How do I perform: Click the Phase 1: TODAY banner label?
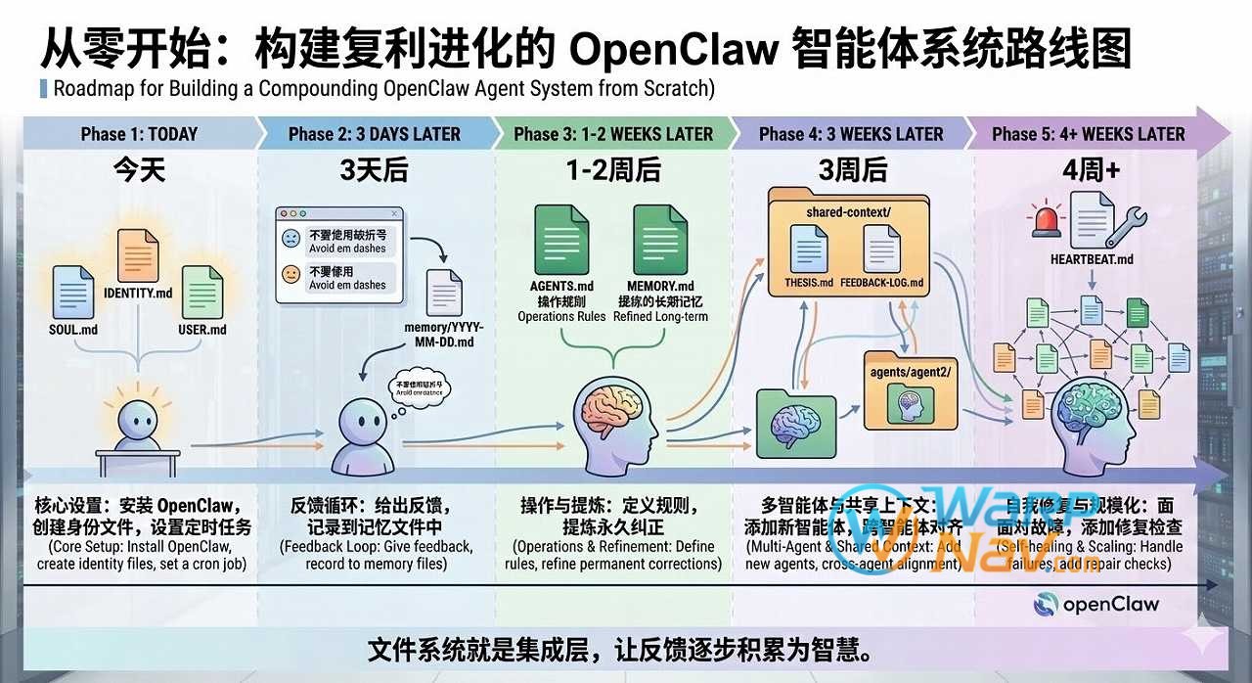point(139,134)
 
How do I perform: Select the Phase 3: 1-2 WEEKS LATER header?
point(613,134)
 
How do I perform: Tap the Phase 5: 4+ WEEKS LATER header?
point(1088,134)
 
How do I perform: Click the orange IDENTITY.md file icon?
point(137,255)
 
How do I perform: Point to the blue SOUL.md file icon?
point(73,291)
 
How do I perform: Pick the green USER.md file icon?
point(202,292)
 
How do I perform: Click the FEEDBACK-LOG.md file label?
point(881,283)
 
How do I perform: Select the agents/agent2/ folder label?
point(910,373)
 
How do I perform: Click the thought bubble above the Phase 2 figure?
point(420,387)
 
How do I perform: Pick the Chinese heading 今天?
point(139,170)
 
